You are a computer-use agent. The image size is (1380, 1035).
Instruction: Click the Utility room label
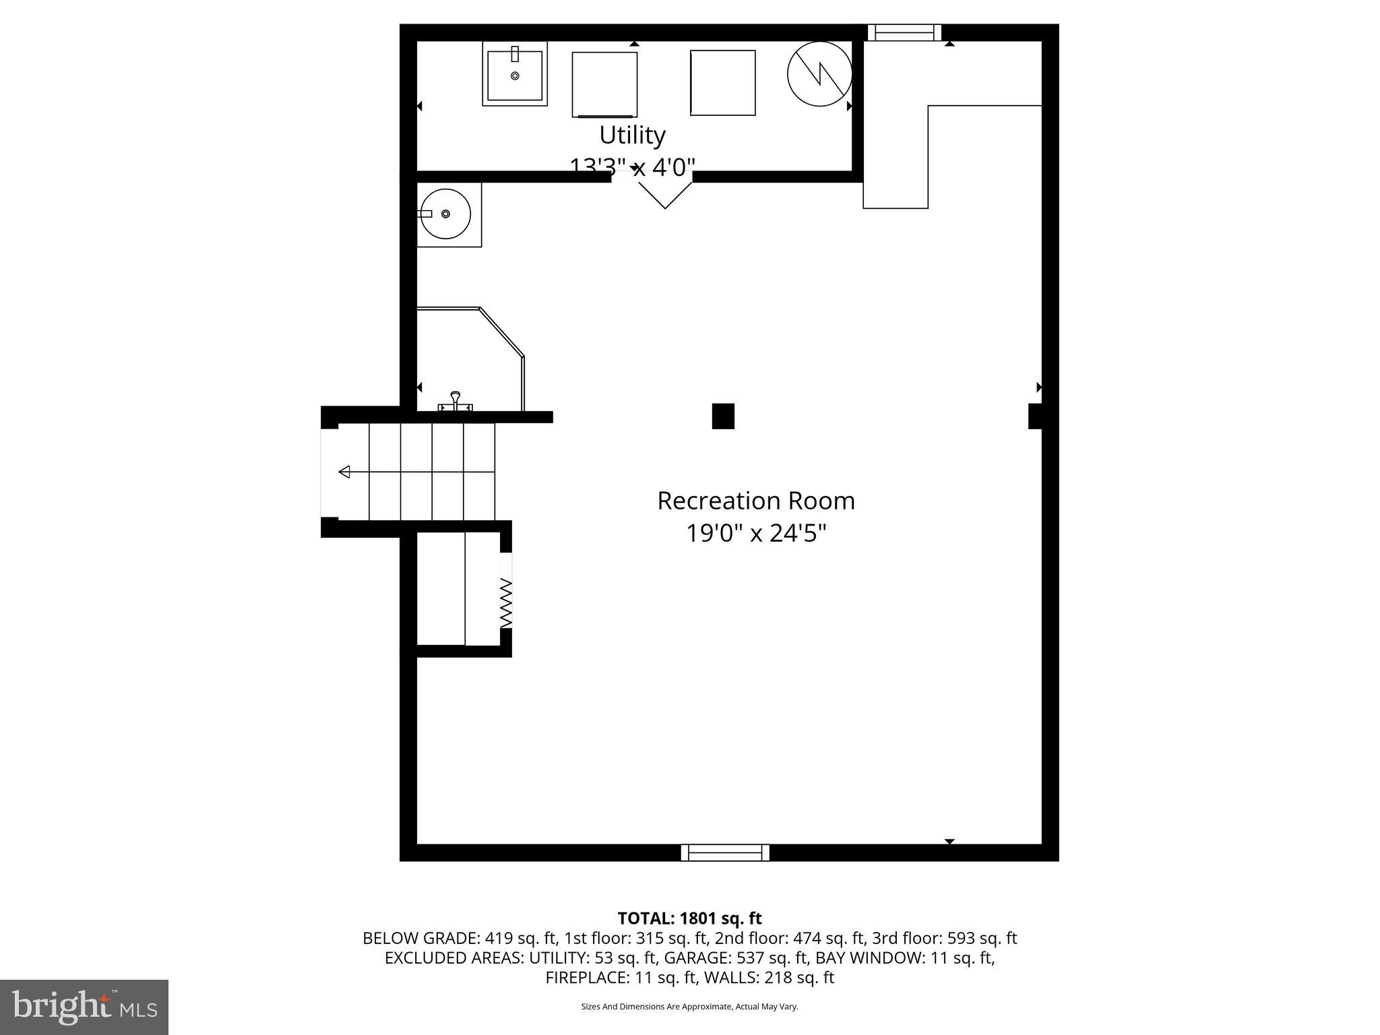coord(632,135)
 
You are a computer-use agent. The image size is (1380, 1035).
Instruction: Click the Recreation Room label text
coord(755,501)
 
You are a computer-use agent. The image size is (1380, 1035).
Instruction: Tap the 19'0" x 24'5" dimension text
coord(755,534)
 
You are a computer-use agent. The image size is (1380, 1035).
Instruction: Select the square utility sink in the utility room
coord(515,74)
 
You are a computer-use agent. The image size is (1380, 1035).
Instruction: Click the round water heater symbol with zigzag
coord(819,73)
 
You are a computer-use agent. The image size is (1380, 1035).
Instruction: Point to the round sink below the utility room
coord(445,214)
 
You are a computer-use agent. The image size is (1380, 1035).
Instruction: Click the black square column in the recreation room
coord(723,416)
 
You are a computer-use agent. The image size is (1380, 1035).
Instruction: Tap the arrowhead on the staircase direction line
coord(344,472)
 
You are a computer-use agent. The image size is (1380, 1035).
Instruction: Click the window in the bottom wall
coord(725,852)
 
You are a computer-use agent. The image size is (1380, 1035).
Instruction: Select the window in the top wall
coord(904,32)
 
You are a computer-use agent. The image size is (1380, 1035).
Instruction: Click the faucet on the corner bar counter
coord(456,401)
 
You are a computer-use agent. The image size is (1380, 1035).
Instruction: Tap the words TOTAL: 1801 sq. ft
coord(689,918)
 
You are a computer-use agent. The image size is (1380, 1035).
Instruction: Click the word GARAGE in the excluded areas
coord(689,958)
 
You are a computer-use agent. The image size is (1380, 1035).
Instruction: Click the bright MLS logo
coord(84,1007)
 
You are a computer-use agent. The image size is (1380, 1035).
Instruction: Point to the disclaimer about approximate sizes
coord(689,1007)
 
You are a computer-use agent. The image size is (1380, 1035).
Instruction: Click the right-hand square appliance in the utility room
coord(722,82)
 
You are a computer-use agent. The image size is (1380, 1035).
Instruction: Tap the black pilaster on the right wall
coord(1036,416)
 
